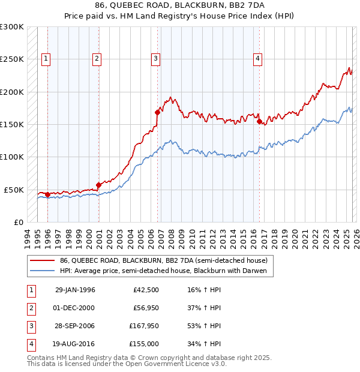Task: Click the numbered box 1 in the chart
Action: point(47,58)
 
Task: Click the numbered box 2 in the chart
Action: point(97,58)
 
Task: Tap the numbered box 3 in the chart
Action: point(155,58)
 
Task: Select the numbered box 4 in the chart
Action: point(257,58)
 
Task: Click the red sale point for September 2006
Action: point(157,112)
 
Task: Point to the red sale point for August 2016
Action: point(259,122)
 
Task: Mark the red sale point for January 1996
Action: point(47,194)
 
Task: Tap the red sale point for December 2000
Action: point(98,185)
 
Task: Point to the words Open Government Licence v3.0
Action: point(179,364)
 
